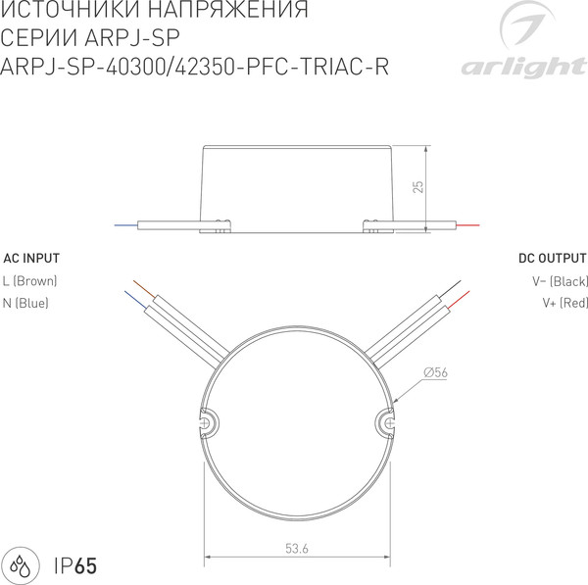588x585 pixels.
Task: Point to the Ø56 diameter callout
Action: tap(437, 371)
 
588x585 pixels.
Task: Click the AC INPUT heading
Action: tap(31, 259)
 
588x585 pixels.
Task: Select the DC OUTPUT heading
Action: tap(553, 259)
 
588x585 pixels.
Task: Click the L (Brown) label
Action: tap(30, 281)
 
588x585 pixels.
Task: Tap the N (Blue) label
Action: tap(26, 303)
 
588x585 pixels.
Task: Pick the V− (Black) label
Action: tap(559, 281)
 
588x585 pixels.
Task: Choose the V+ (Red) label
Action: tap(564, 303)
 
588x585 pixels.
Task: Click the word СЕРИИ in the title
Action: tap(36, 40)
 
